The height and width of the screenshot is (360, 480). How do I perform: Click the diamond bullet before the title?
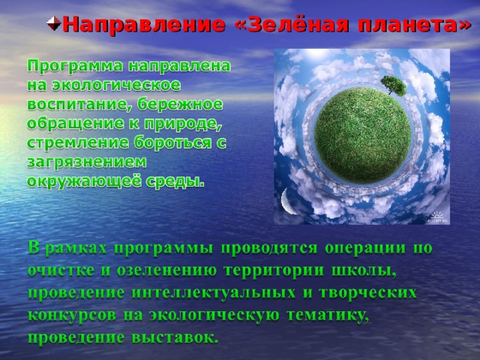[x=53, y=24]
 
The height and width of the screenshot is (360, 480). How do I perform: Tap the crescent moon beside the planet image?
[x=289, y=201]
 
